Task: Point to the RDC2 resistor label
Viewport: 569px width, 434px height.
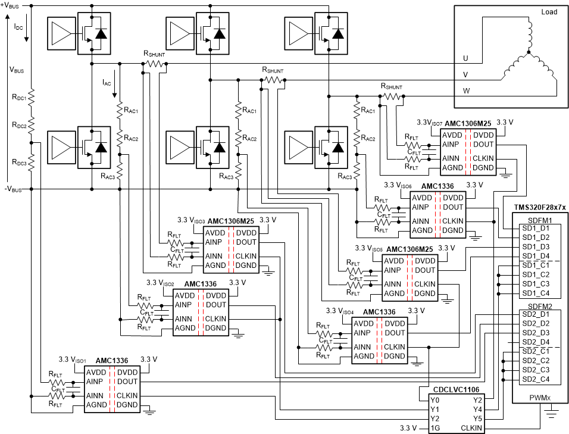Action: [x=17, y=126]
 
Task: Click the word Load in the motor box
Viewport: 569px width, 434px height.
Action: [x=549, y=12]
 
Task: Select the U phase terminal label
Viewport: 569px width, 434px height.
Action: [x=465, y=58]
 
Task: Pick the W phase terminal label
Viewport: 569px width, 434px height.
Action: [x=466, y=91]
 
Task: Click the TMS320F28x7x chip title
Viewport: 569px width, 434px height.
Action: [x=540, y=208]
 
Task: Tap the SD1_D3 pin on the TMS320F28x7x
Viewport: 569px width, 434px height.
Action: [x=536, y=246]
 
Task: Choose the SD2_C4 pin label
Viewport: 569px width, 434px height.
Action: [x=536, y=379]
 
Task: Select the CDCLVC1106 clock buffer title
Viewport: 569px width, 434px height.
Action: [x=456, y=389]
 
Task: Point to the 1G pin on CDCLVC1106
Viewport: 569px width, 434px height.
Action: [x=436, y=428]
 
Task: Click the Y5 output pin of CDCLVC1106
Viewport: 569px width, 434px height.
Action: [x=477, y=419]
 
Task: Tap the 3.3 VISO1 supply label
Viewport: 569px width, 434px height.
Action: [x=73, y=360]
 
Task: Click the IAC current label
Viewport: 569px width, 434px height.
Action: [x=107, y=82]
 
